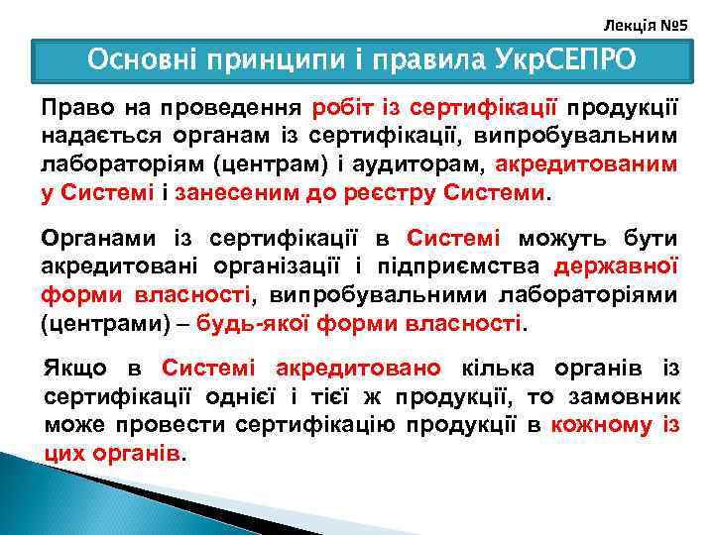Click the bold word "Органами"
point(94,239)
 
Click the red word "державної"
point(616,267)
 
